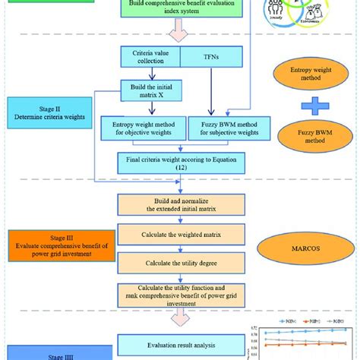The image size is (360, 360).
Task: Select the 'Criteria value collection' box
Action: pyautogui.click(x=149, y=58)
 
